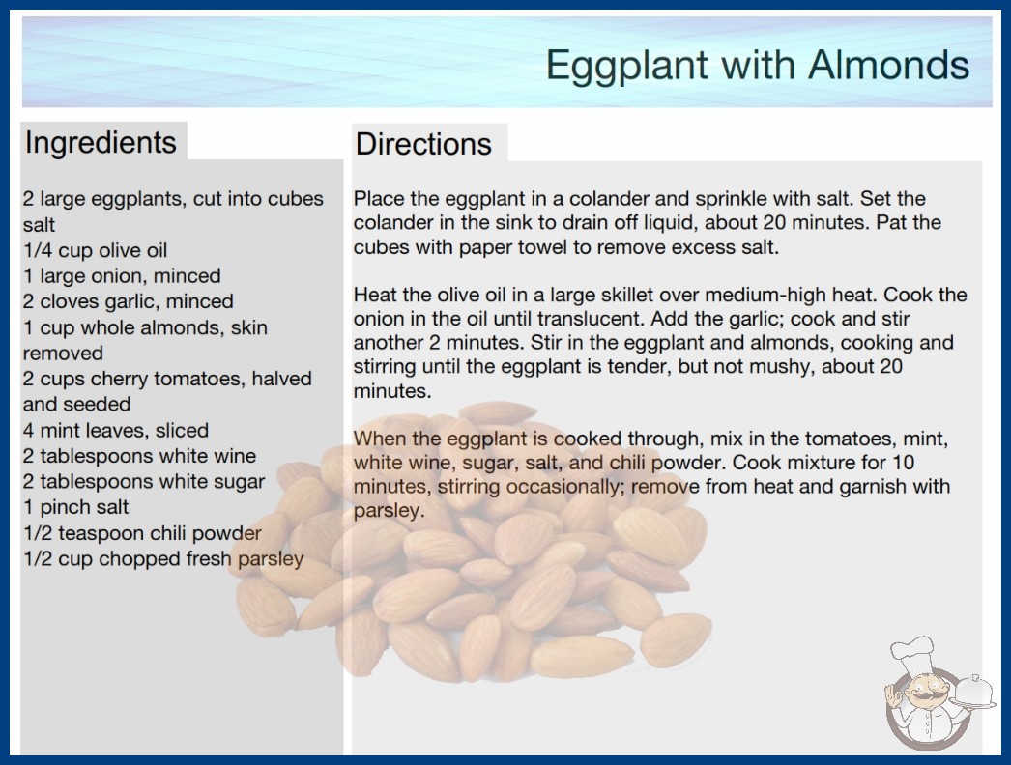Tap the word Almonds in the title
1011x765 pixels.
(888, 65)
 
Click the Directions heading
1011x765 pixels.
(423, 144)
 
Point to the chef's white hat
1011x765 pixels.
(913, 653)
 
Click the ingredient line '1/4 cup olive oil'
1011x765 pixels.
(95, 250)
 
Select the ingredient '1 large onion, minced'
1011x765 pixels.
(122, 276)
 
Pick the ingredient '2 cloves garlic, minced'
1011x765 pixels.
(129, 301)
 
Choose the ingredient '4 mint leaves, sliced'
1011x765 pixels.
(116, 430)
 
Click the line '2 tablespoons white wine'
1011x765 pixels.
(139, 456)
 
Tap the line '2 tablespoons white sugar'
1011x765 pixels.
(144, 482)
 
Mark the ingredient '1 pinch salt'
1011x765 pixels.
(76, 507)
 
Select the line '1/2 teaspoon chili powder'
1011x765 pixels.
(142, 533)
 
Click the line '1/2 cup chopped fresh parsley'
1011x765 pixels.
(163, 558)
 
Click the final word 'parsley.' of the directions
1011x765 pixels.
(389, 511)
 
